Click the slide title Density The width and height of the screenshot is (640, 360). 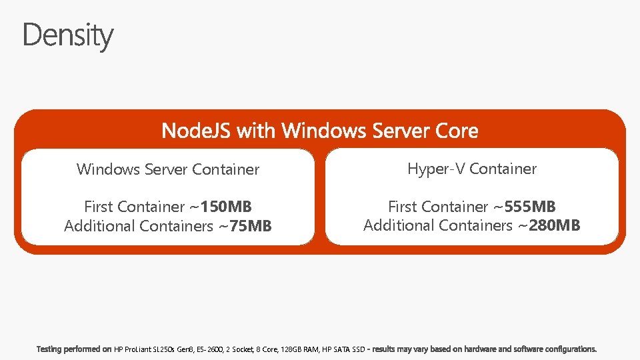click(68, 35)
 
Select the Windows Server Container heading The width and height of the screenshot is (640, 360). click(168, 169)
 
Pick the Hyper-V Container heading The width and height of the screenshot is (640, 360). click(472, 169)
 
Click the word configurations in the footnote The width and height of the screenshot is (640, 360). click(571, 349)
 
